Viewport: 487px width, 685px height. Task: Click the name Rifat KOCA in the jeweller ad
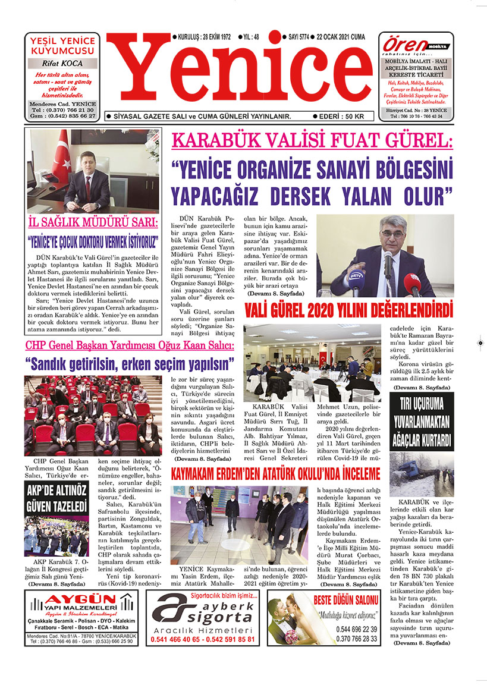(x=62, y=63)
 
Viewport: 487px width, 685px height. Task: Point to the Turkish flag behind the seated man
(x=61, y=156)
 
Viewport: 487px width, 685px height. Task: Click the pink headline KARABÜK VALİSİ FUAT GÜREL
(x=312, y=142)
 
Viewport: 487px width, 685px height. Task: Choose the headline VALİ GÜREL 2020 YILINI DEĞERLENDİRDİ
(x=348, y=310)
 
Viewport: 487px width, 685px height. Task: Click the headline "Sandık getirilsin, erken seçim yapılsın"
(x=129, y=363)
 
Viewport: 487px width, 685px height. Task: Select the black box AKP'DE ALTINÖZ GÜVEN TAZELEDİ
(x=56, y=498)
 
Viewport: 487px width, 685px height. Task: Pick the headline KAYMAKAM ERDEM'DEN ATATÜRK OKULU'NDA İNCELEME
(x=275, y=474)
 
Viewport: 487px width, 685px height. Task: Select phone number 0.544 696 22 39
(x=356, y=629)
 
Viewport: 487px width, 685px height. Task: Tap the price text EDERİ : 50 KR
(x=342, y=117)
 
